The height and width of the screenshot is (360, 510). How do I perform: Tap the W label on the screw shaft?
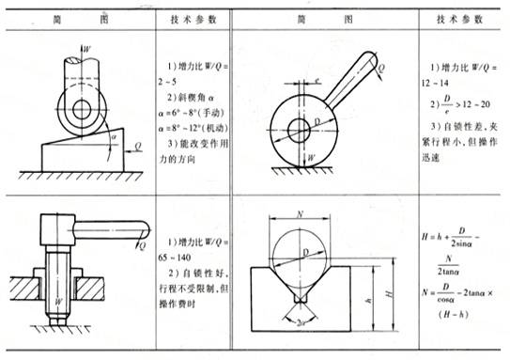tap(58, 302)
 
